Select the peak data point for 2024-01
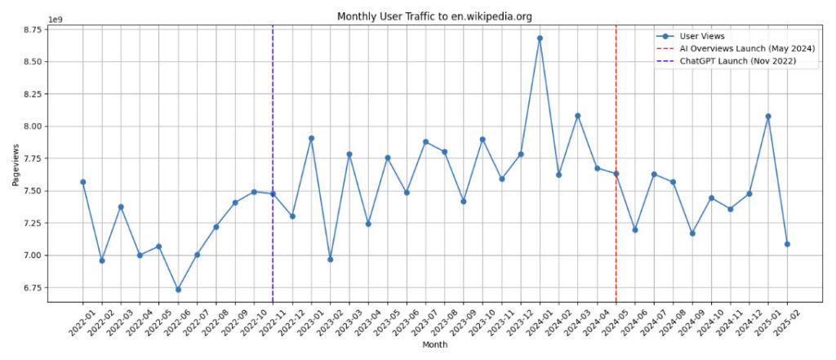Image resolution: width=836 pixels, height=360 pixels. [540, 38]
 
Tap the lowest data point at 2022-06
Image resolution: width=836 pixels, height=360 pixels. [178, 289]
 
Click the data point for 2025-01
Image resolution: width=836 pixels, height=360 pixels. [768, 116]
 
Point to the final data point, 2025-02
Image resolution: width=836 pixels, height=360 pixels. [787, 243]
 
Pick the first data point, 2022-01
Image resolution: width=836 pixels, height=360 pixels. [82, 182]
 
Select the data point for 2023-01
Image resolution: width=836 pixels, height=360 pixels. [311, 138]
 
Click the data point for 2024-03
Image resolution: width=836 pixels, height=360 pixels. [578, 116]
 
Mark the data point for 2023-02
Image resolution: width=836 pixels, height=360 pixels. [330, 259]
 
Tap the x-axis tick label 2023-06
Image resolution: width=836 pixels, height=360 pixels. [401, 323]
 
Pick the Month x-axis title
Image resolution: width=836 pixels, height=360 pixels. [434, 345]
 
